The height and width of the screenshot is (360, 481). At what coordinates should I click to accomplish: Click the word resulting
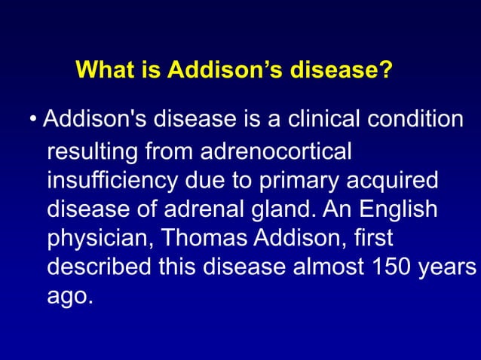click(x=93, y=151)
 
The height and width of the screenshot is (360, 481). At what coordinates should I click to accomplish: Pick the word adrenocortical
click(x=275, y=151)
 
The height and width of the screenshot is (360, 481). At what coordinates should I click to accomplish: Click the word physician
click(x=98, y=239)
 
